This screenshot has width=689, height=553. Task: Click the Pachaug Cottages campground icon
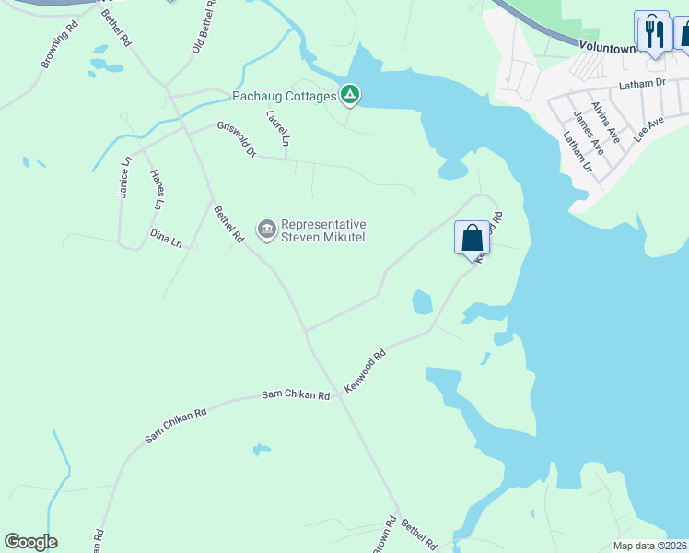coord(350,94)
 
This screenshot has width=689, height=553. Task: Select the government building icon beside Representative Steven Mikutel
coord(267,228)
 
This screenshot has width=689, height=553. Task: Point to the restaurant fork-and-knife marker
coord(654,34)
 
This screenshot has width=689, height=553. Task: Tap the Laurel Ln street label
coord(278,129)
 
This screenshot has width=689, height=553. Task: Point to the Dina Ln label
coord(166,238)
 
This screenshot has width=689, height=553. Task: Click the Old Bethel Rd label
coord(204,26)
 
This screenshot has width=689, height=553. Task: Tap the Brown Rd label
coord(386,535)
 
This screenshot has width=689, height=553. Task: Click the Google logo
coord(31,542)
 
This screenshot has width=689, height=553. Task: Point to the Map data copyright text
coord(648,546)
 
